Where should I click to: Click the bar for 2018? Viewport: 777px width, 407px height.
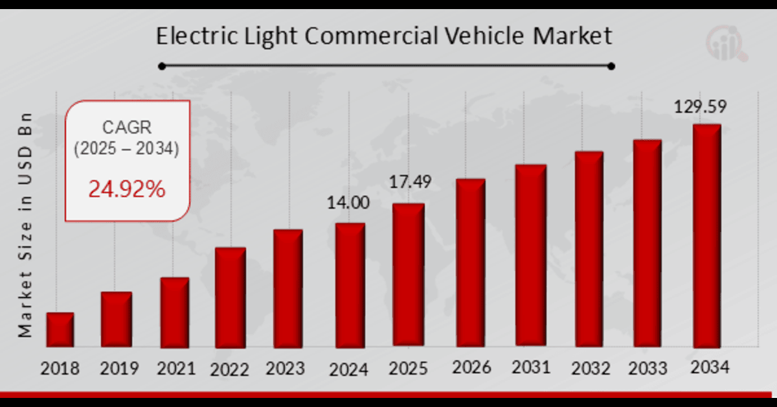point(60,331)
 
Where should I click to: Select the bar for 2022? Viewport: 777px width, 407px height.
point(230,298)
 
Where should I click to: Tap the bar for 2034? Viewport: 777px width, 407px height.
point(707,237)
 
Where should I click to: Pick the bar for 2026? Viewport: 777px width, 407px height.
point(470,263)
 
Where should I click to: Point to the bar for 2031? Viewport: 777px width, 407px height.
point(531,256)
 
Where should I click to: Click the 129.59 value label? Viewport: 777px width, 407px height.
point(701,107)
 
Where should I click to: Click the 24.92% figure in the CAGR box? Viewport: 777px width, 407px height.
point(127,189)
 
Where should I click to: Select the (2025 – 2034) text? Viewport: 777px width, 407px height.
point(127,149)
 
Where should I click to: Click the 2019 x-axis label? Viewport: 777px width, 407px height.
point(119,369)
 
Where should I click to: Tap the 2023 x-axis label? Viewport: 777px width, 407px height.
point(285,368)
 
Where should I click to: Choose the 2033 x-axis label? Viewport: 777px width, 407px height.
point(647,368)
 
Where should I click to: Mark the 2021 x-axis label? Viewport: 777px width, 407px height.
point(176,368)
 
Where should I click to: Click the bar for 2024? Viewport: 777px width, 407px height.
point(350,285)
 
